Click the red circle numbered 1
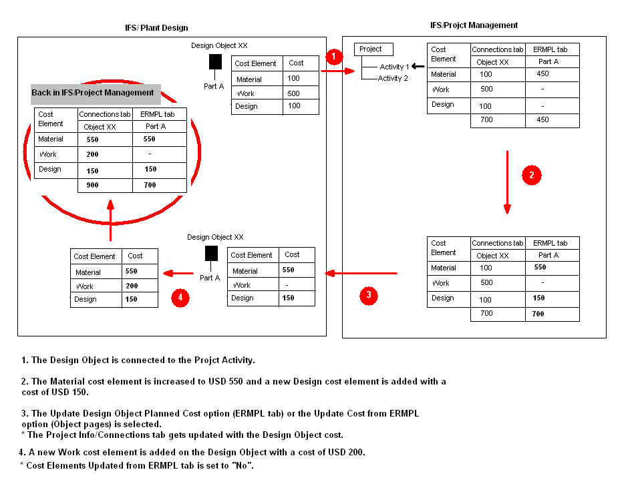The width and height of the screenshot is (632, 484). click(x=334, y=55)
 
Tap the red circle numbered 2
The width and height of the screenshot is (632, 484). click(x=530, y=176)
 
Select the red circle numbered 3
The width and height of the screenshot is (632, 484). click(x=369, y=296)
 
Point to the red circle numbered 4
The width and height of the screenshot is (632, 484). click(x=180, y=297)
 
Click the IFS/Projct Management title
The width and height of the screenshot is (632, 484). click(x=474, y=25)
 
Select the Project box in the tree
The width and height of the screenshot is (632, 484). click(x=373, y=49)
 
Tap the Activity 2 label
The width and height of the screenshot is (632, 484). click(x=393, y=78)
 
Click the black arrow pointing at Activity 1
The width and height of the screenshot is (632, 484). click(x=418, y=66)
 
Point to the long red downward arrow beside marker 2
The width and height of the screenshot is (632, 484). click(x=507, y=182)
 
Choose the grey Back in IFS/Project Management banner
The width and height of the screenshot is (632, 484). click(x=95, y=93)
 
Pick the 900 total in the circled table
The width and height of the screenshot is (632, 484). click(x=92, y=186)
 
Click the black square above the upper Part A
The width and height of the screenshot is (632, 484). click(x=215, y=62)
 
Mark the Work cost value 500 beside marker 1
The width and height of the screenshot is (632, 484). click(x=293, y=93)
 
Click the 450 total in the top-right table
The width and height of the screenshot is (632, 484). click(x=542, y=120)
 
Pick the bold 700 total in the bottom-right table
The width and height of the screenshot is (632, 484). click(x=538, y=314)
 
